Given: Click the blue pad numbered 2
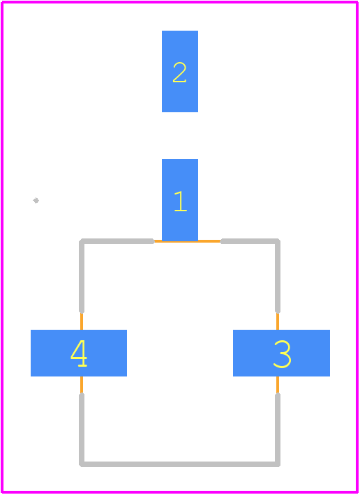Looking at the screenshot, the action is pyautogui.click(x=180, y=71).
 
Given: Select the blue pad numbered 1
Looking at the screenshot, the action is pyautogui.click(x=180, y=200).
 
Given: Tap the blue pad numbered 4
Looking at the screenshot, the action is pyautogui.click(x=79, y=353).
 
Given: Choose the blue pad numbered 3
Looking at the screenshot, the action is pyautogui.click(x=281, y=353).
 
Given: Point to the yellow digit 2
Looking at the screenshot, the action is pyautogui.click(x=180, y=73).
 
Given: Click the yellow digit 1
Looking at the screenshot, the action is pyautogui.click(x=180, y=201).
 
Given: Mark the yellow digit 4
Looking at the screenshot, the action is pyautogui.click(x=79, y=353).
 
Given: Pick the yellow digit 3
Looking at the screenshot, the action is pyautogui.click(x=282, y=354).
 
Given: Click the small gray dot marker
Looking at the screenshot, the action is pyautogui.click(x=36, y=200).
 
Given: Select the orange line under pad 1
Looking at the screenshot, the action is pyautogui.click(x=187, y=241).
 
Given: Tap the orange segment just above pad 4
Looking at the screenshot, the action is pyautogui.click(x=82, y=321).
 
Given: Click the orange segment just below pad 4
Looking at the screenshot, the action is pyautogui.click(x=82, y=385).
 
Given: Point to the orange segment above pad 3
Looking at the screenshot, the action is pyautogui.click(x=278, y=321).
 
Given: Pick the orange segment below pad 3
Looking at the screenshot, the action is pyautogui.click(x=278, y=385).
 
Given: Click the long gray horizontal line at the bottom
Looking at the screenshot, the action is pyautogui.click(x=180, y=464).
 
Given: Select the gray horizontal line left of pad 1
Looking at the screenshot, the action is pyautogui.click(x=117, y=241).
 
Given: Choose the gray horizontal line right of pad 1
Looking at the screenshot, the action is pyautogui.click(x=250, y=241).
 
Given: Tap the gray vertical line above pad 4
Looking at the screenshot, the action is pyautogui.click(x=82, y=277).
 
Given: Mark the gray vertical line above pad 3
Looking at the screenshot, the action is pyautogui.click(x=278, y=277).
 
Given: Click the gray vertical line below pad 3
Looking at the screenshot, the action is pyautogui.click(x=278, y=429).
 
